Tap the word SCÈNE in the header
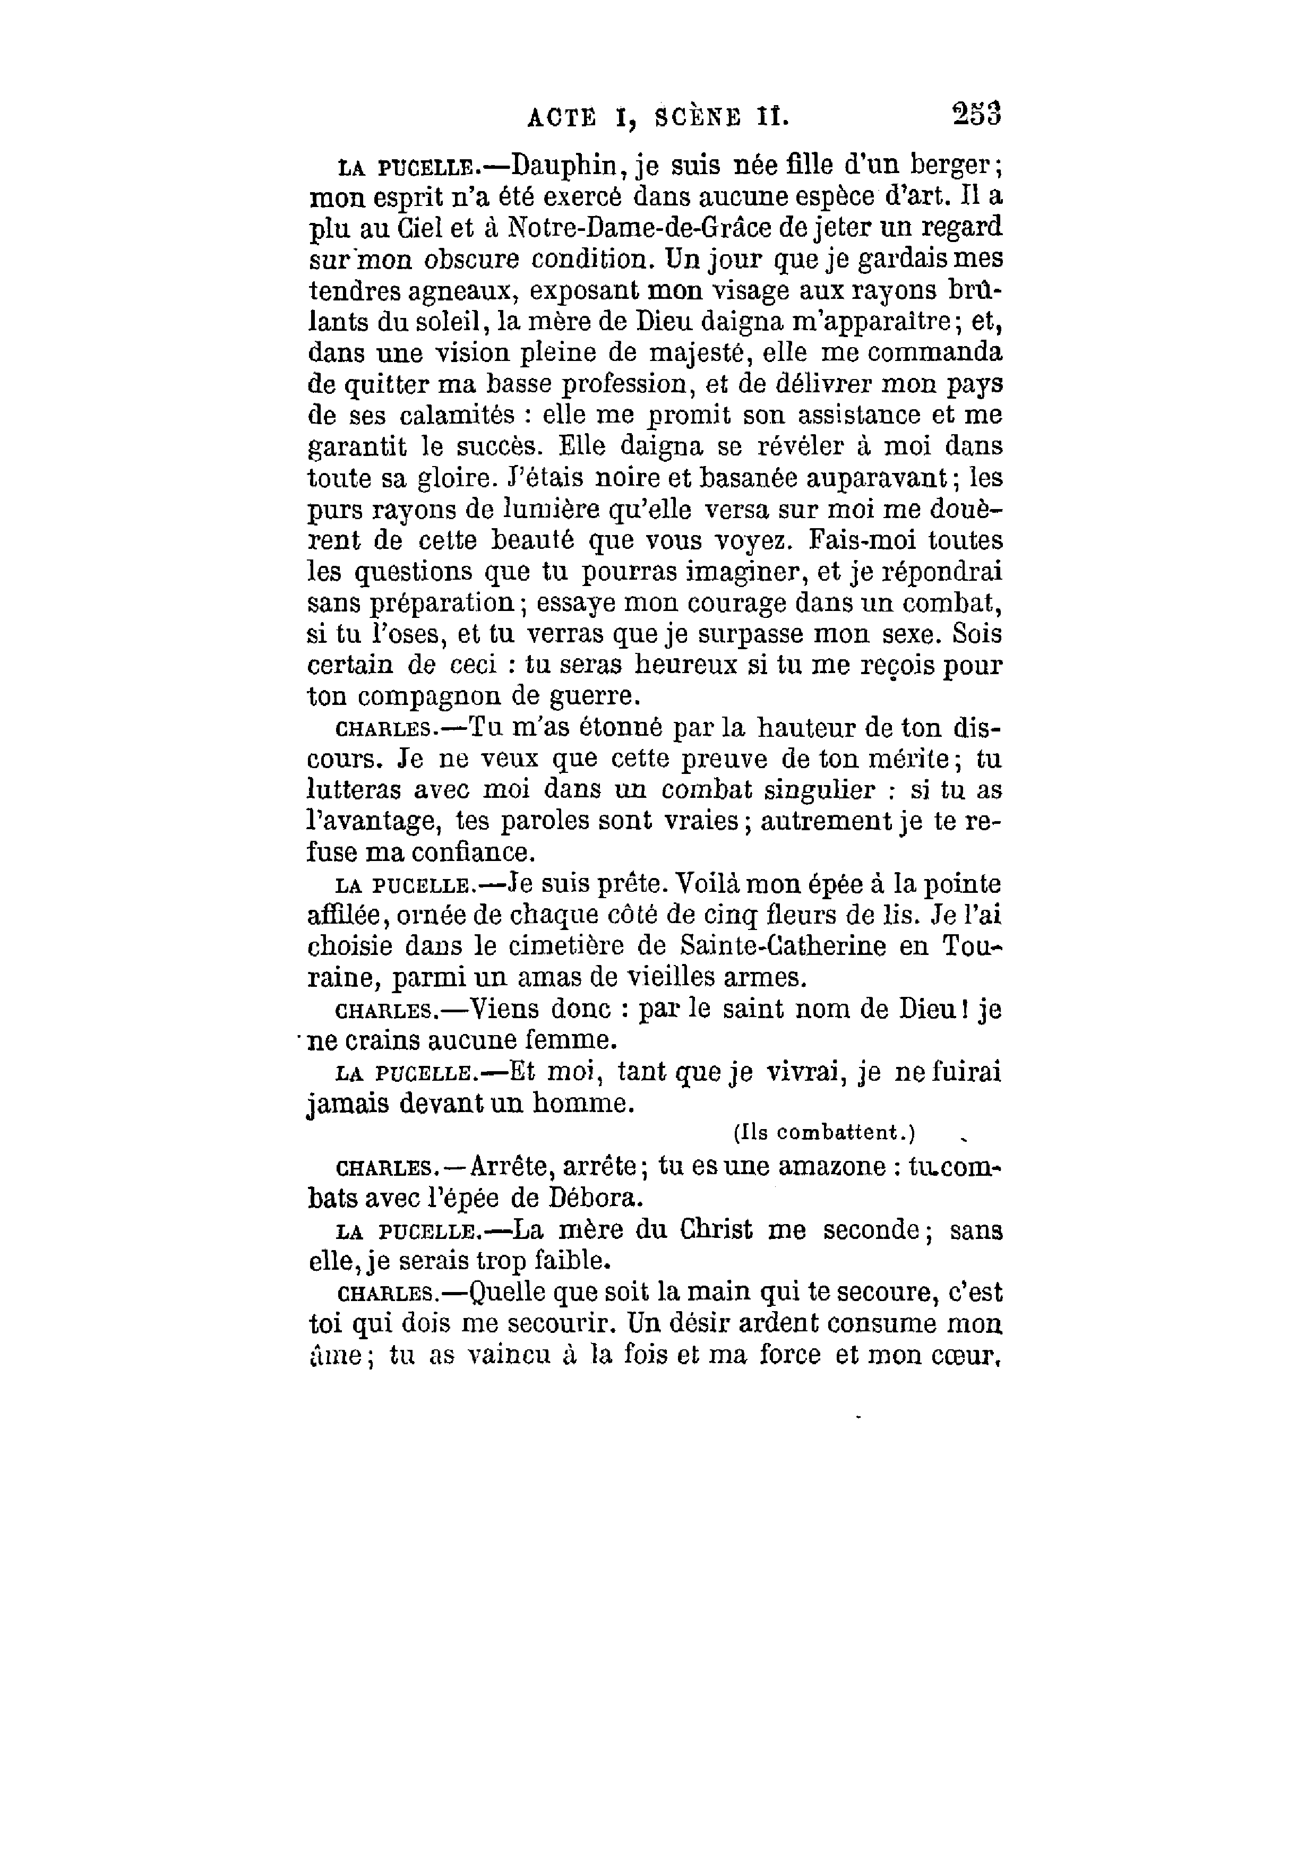pos(696,118)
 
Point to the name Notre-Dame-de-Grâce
pos(640,229)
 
